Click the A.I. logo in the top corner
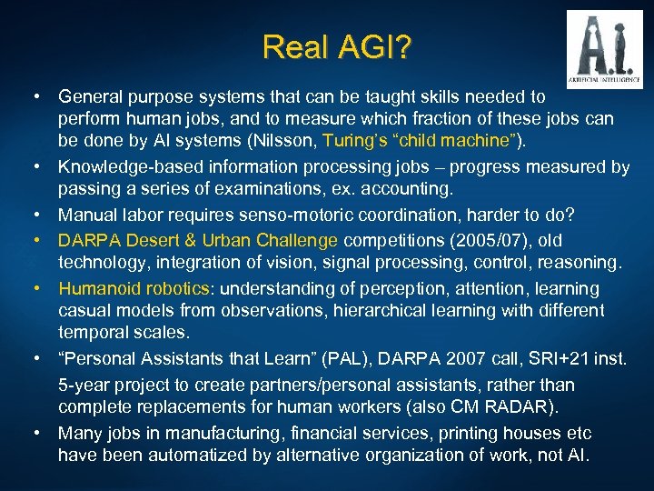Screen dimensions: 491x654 click(604, 48)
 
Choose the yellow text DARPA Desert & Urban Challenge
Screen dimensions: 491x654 click(198, 241)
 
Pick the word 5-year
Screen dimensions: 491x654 click(84, 382)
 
